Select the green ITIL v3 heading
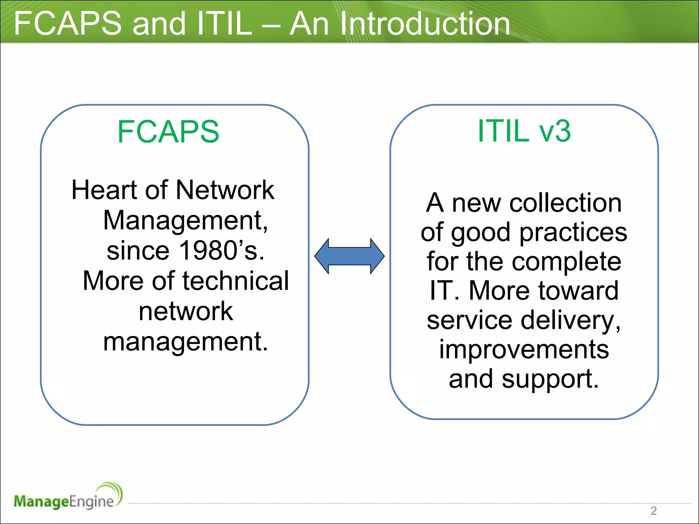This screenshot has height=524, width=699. click(524, 131)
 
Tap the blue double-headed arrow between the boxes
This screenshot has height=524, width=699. click(349, 256)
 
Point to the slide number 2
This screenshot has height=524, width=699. click(653, 511)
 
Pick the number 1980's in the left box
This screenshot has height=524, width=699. click(222, 251)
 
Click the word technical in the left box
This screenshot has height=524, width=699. click(236, 281)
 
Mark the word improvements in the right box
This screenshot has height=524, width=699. click(524, 350)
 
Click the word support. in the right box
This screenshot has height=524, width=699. click(550, 379)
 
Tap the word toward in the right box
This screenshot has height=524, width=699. click(578, 291)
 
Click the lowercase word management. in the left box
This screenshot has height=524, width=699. click(185, 342)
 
